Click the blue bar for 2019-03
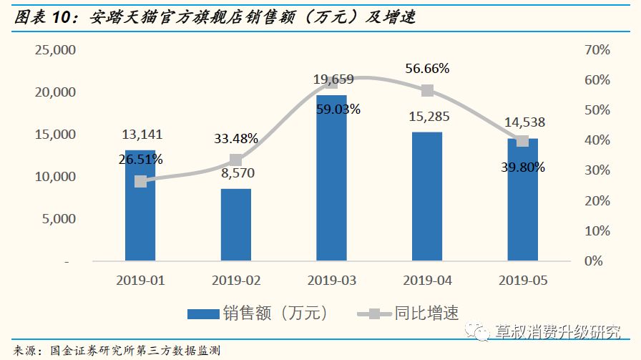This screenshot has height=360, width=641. (x=331, y=179)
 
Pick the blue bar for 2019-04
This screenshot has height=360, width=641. (x=427, y=196)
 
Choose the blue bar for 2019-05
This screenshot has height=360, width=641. (x=522, y=200)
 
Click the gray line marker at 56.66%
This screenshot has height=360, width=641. (x=427, y=90)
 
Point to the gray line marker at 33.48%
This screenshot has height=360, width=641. (x=235, y=160)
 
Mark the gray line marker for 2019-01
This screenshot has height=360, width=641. (x=140, y=182)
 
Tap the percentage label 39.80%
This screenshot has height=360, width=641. (x=522, y=167)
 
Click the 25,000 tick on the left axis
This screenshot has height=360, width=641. (x=55, y=50)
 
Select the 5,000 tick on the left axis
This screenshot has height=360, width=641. (x=58, y=219)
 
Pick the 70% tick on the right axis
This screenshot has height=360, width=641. (x=597, y=50)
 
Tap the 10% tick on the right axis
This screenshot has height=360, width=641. (x=597, y=231)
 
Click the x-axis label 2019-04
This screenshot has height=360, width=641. (x=427, y=281)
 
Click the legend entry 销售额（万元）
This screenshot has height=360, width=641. (x=258, y=313)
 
